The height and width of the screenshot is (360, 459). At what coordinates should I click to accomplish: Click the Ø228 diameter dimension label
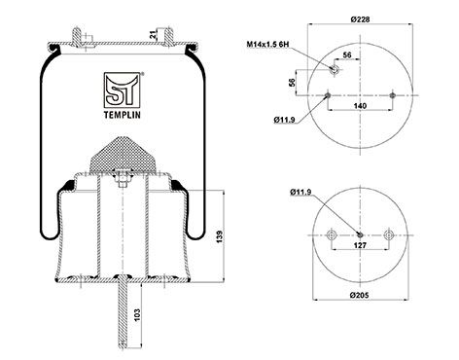(360, 19)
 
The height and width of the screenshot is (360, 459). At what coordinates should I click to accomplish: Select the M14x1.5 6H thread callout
(267, 45)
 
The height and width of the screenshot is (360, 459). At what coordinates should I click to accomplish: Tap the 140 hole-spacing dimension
(360, 106)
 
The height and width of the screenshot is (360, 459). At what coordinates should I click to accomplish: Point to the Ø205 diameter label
(360, 295)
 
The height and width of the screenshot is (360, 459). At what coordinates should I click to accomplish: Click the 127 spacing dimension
(360, 245)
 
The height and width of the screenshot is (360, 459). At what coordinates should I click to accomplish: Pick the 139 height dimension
(220, 236)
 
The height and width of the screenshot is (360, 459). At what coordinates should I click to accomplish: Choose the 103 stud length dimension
(137, 315)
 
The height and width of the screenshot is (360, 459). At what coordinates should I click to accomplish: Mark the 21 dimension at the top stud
(153, 35)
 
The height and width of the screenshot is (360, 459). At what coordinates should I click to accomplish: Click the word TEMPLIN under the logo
(123, 115)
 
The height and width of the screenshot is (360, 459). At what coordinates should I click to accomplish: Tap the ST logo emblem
(123, 90)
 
